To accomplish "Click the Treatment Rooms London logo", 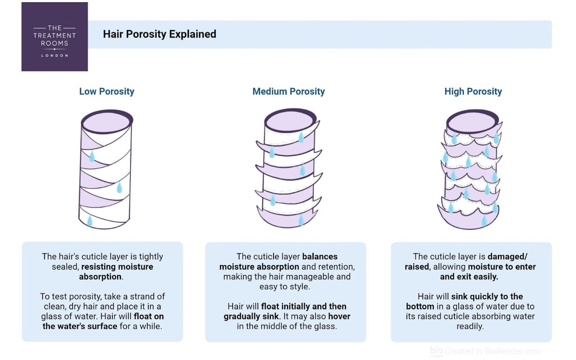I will [x=55, y=37].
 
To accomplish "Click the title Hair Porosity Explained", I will [x=159, y=34].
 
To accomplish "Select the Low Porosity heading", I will [x=107, y=91].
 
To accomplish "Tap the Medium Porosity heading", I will [x=288, y=91].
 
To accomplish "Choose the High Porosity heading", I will [x=473, y=91].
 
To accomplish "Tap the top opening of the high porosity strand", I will [x=473, y=122].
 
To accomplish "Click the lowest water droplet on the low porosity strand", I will [x=90, y=221].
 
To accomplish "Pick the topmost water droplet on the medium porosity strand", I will [x=301, y=137].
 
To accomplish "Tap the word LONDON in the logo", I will [x=55, y=55].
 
